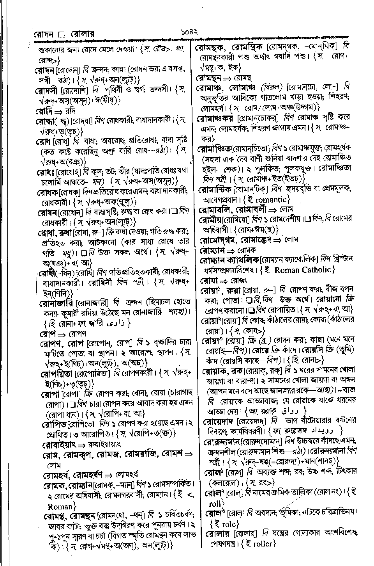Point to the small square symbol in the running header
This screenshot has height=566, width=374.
(x=61, y=36)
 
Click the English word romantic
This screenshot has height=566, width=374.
(x=269, y=200)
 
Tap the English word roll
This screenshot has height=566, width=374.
(x=215, y=503)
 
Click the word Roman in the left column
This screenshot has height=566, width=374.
(x=60, y=506)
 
